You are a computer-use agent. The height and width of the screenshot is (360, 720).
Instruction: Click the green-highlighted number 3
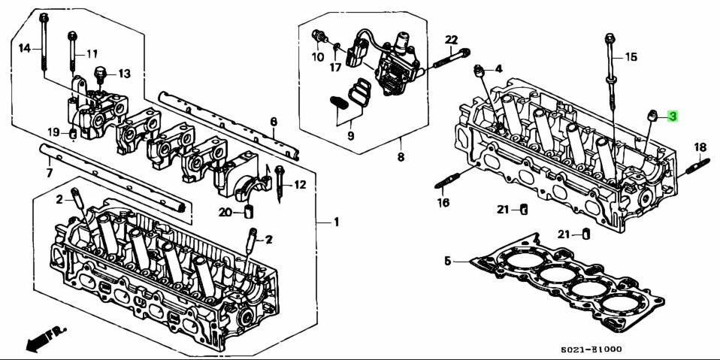(x=673, y=116)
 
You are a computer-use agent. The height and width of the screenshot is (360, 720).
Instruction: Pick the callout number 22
(x=451, y=39)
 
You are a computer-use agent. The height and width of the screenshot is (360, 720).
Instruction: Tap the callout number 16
(x=443, y=203)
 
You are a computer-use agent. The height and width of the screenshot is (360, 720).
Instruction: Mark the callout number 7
(x=50, y=174)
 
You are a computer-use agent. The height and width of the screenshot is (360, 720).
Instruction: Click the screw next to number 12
(x=280, y=183)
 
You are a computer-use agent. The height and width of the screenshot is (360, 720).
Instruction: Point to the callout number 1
(x=337, y=222)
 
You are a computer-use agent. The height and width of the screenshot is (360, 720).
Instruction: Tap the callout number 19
(x=53, y=132)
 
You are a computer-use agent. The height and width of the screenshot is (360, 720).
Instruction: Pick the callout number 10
(x=318, y=56)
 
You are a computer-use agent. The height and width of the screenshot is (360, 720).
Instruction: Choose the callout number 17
(x=334, y=67)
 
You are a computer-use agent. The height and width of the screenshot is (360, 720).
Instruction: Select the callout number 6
(x=274, y=122)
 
